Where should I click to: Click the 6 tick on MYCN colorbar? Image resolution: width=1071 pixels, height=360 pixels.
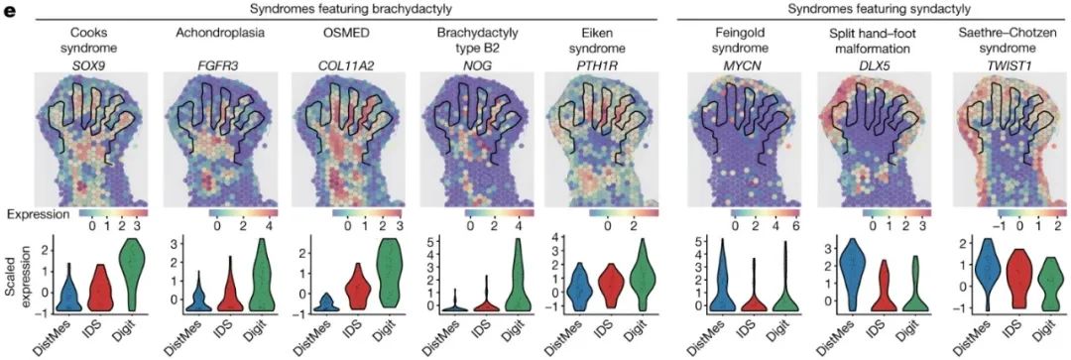[x=778, y=225]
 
